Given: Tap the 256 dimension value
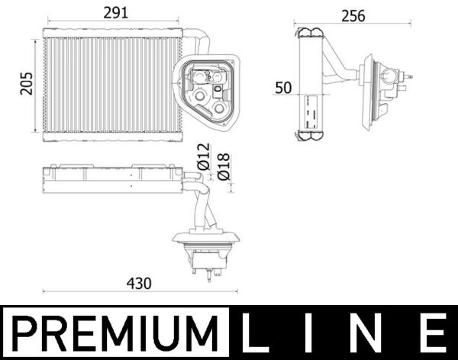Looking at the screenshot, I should click(x=353, y=15).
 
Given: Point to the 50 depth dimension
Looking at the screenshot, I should click(x=283, y=87).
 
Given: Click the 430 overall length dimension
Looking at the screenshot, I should click(x=138, y=283).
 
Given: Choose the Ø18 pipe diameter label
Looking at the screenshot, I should click(x=224, y=166).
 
